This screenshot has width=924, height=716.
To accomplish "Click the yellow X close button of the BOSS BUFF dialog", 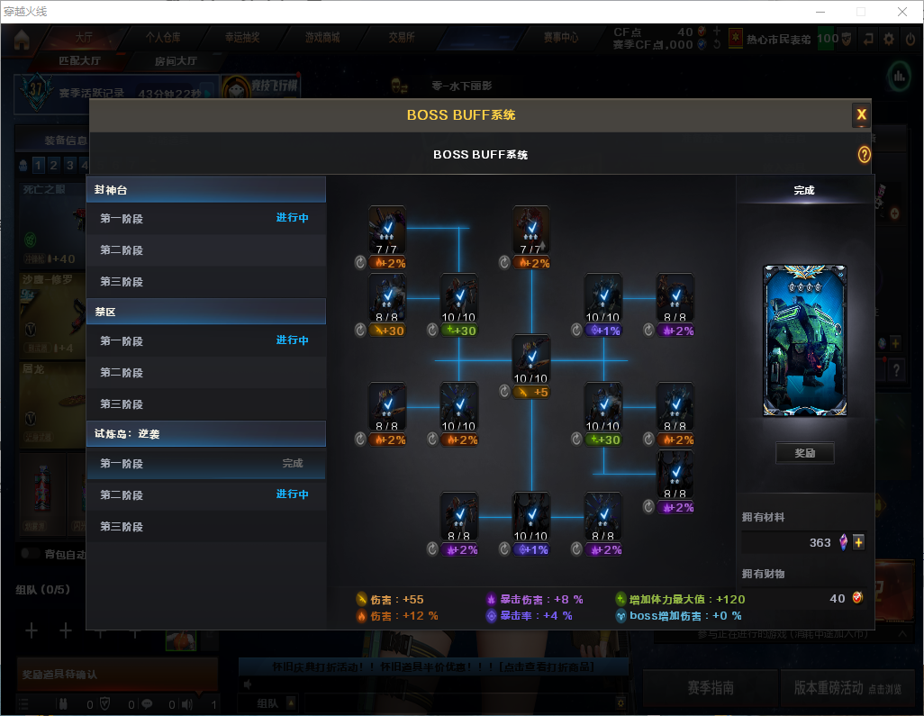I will point(861,114).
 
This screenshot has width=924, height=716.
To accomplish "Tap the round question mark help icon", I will point(864,155).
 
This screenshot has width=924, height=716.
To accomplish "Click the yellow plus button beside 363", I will point(858,542).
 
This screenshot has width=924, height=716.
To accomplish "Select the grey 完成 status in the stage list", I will point(293,464).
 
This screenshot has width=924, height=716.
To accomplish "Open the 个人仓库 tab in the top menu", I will point(163,38).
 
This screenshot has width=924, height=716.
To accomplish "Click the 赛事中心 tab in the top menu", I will point(560,38).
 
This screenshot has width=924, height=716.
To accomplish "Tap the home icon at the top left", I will point(22,40).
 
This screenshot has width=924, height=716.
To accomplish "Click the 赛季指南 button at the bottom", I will point(710,687).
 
